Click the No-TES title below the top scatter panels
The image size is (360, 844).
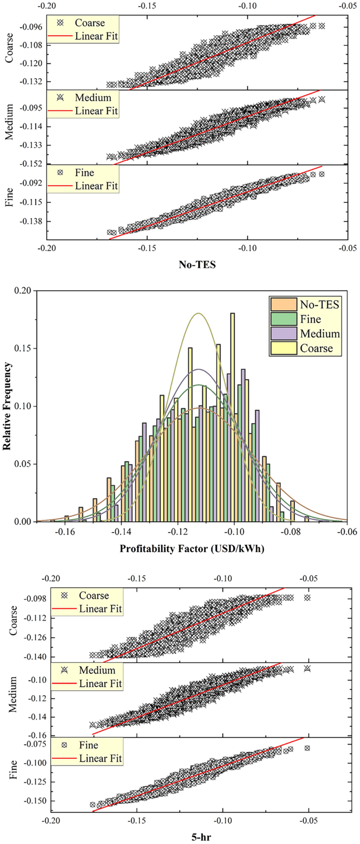[x=197, y=265]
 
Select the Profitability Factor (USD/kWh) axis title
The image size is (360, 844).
[x=192, y=549]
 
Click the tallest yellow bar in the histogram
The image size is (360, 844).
[x=232, y=417]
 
